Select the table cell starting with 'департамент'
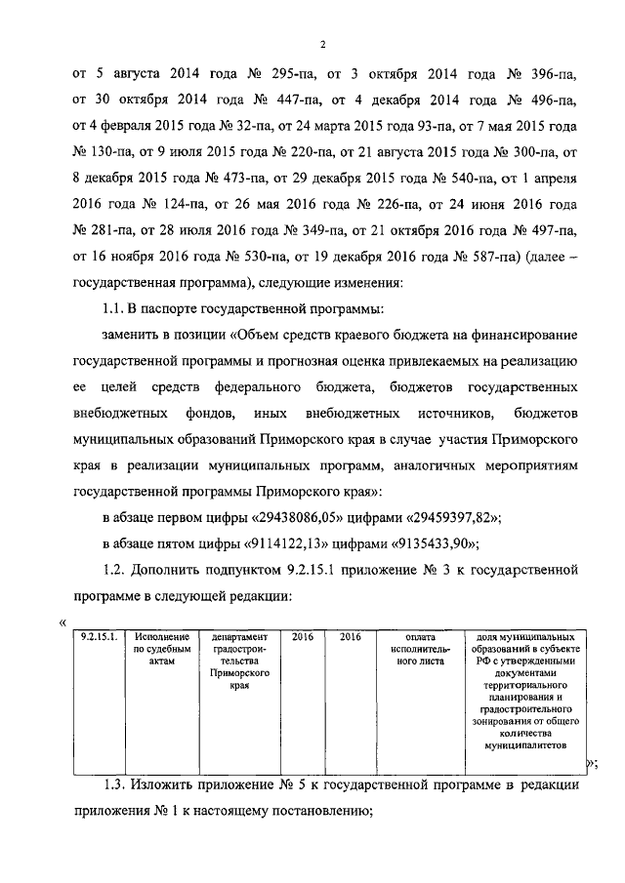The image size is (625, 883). click(x=238, y=660)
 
